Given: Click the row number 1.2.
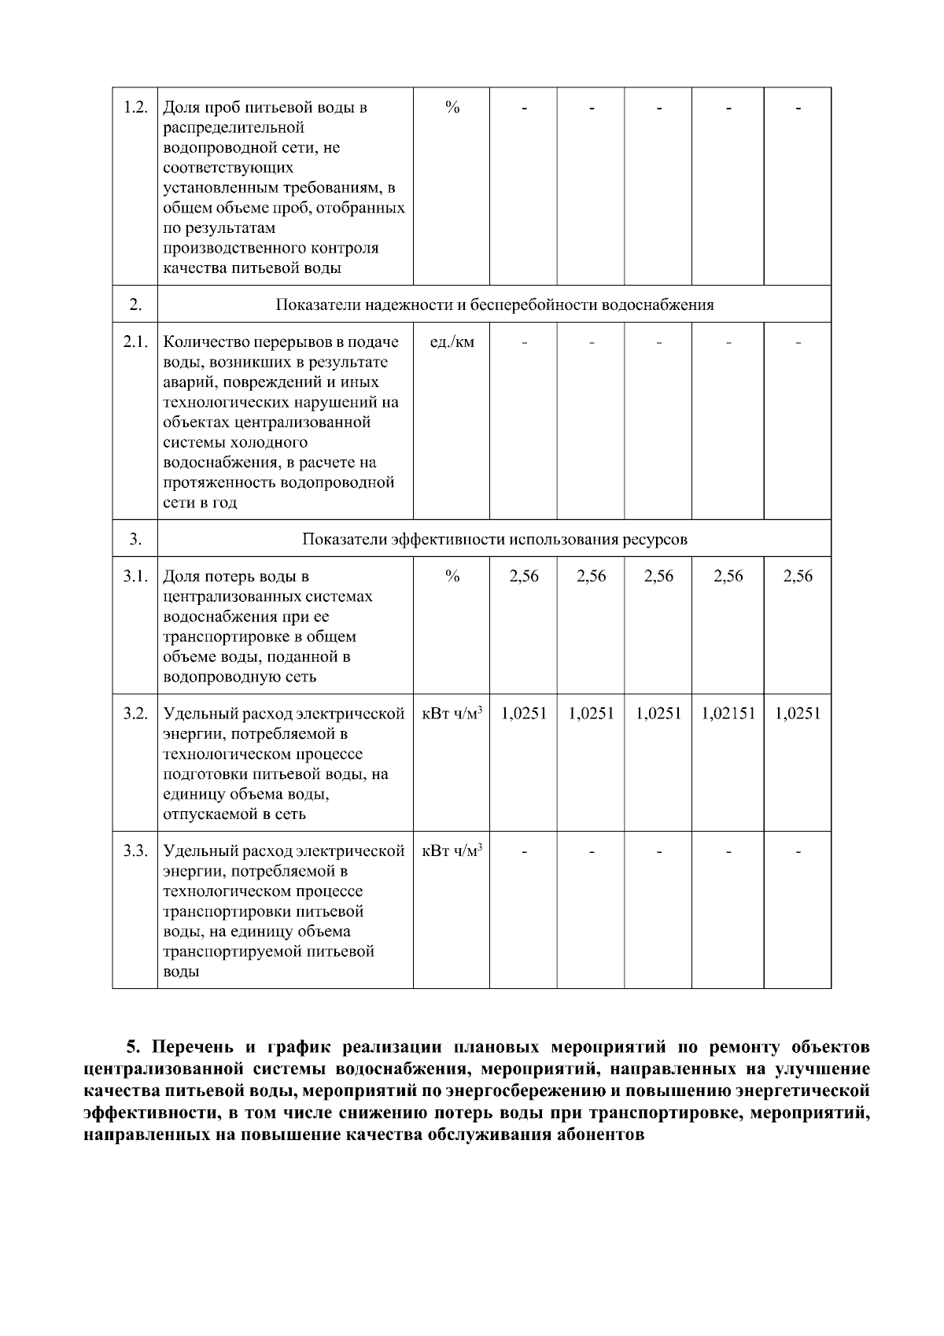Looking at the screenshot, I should [x=135, y=107].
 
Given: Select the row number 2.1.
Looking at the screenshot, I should [x=135, y=342].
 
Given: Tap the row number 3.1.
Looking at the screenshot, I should [x=135, y=577].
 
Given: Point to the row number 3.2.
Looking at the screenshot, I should [x=135, y=714].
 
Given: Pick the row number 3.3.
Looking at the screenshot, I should [x=135, y=851].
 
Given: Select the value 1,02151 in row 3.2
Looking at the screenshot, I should [x=728, y=714].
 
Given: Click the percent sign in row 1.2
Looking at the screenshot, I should [x=452, y=107].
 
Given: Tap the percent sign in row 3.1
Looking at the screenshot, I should [x=452, y=577].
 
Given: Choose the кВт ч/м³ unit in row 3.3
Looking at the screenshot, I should [x=452, y=851].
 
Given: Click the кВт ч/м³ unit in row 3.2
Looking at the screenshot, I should [x=452, y=714].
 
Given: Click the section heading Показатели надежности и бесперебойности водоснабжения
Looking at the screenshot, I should [x=494, y=305].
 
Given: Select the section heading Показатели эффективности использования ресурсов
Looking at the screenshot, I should [x=494, y=540].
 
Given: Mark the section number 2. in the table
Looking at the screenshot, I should [x=135, y=305].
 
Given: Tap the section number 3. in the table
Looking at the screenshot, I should [x=135, y=540].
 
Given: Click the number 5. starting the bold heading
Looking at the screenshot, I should [x=135, y=1048].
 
